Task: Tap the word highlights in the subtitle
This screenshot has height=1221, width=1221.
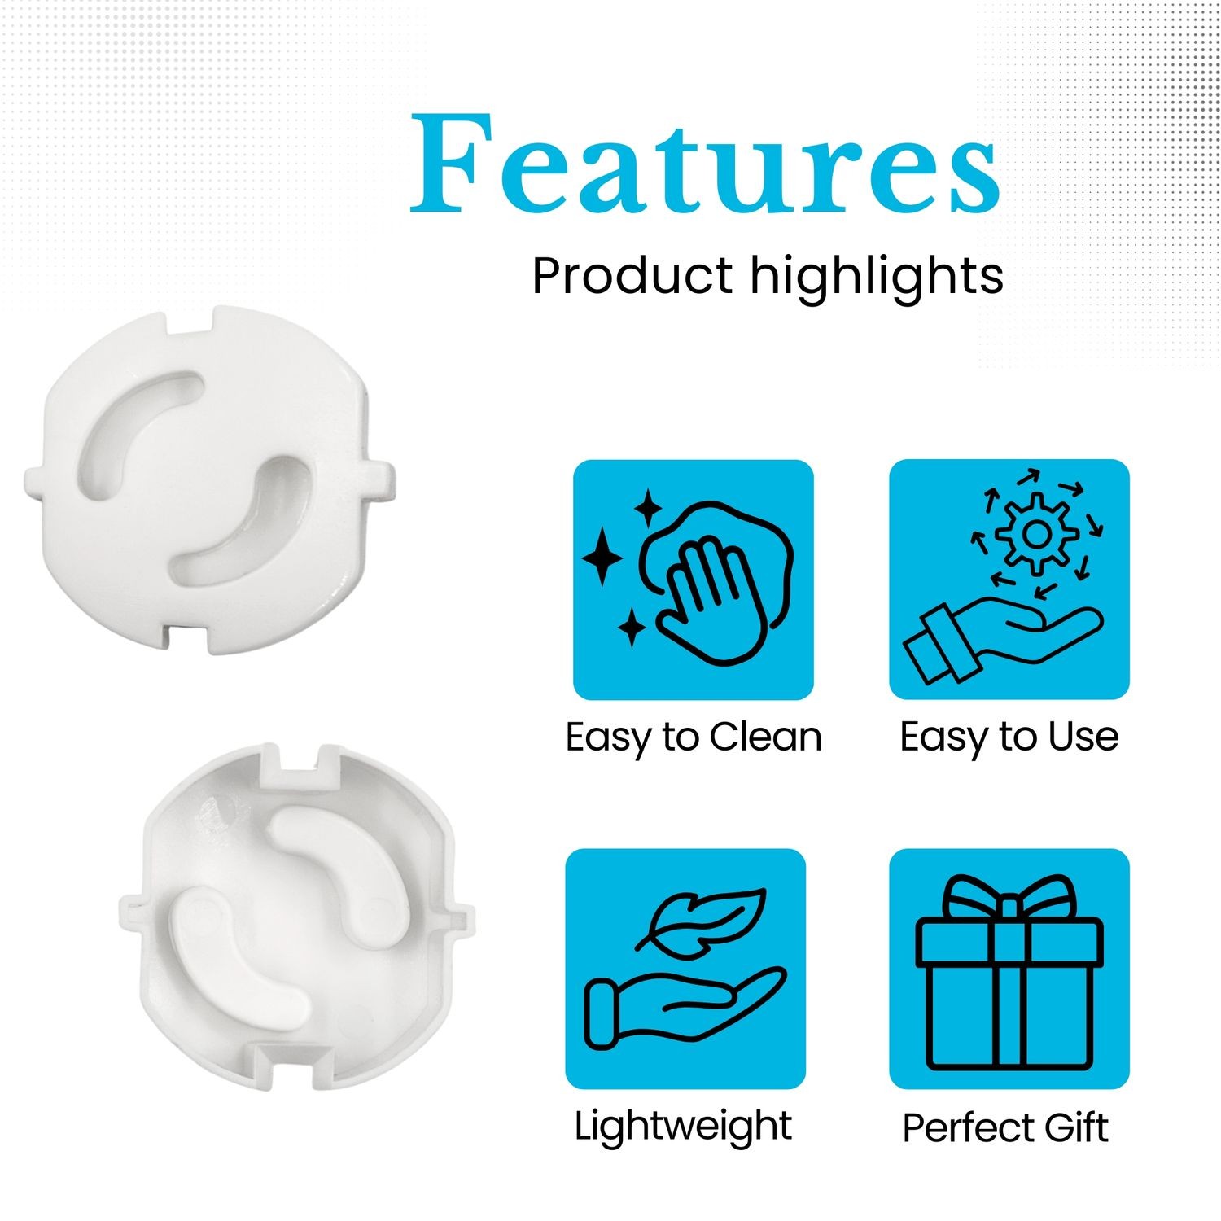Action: click(877, 278)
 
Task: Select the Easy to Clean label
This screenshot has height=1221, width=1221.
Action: click(694, 737)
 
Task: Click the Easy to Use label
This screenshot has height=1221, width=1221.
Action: click(1009, 737)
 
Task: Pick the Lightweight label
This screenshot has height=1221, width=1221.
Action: click(683, 1127)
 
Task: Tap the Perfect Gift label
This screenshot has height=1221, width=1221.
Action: click(1005, 1128)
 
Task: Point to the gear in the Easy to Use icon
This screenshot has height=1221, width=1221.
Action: click(1036, 534)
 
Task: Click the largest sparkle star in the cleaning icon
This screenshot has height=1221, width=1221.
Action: click(602, 558)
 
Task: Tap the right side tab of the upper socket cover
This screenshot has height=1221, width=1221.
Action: click(382, 481)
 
